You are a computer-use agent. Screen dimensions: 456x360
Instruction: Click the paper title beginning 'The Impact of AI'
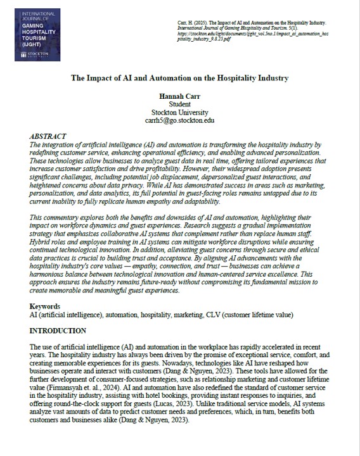coord(179,78)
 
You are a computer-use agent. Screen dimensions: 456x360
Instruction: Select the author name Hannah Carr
coord(180,95)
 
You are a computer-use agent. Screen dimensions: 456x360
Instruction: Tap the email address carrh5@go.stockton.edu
coord(180,120)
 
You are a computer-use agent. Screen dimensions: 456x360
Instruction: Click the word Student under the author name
coord(180,103)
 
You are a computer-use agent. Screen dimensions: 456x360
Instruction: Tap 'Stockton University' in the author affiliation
coord(180,111)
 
